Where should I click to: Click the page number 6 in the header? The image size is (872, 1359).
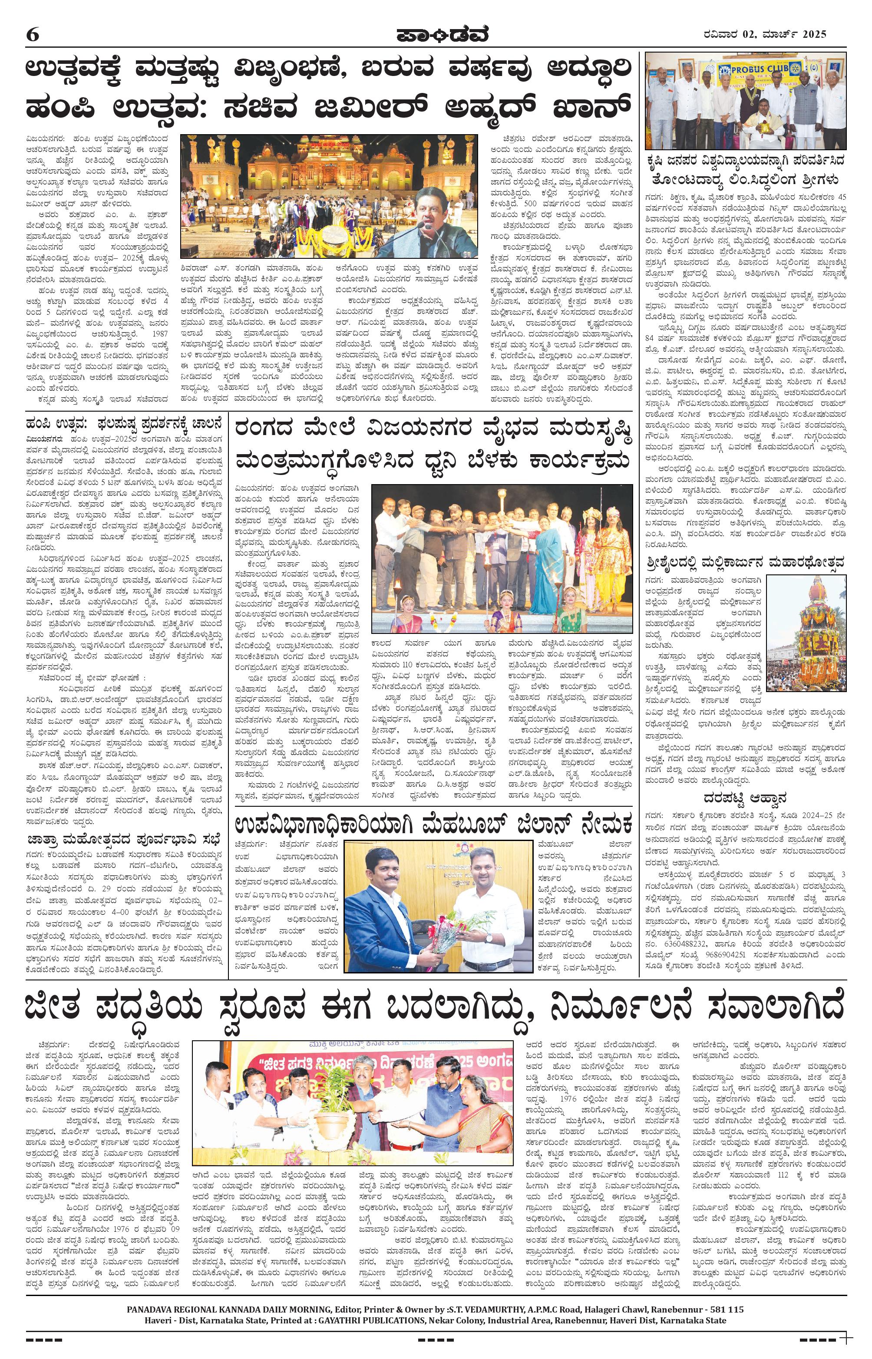[x=32, y=35]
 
